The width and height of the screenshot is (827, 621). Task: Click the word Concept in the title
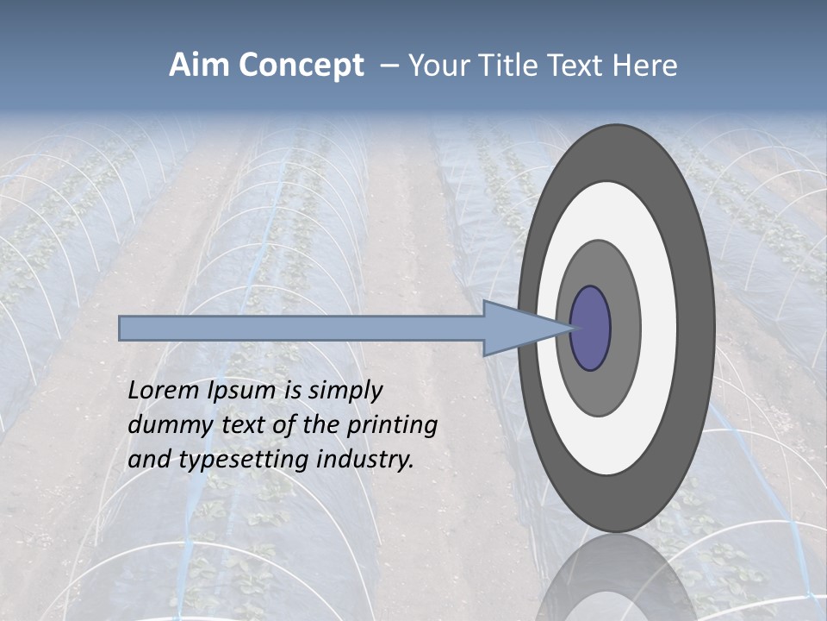tap(302, 66)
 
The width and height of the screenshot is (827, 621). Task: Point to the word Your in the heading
tap(437, 66)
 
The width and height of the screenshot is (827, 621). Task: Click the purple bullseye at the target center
tap(591, 329)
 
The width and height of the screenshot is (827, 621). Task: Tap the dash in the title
tap(388, 66)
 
